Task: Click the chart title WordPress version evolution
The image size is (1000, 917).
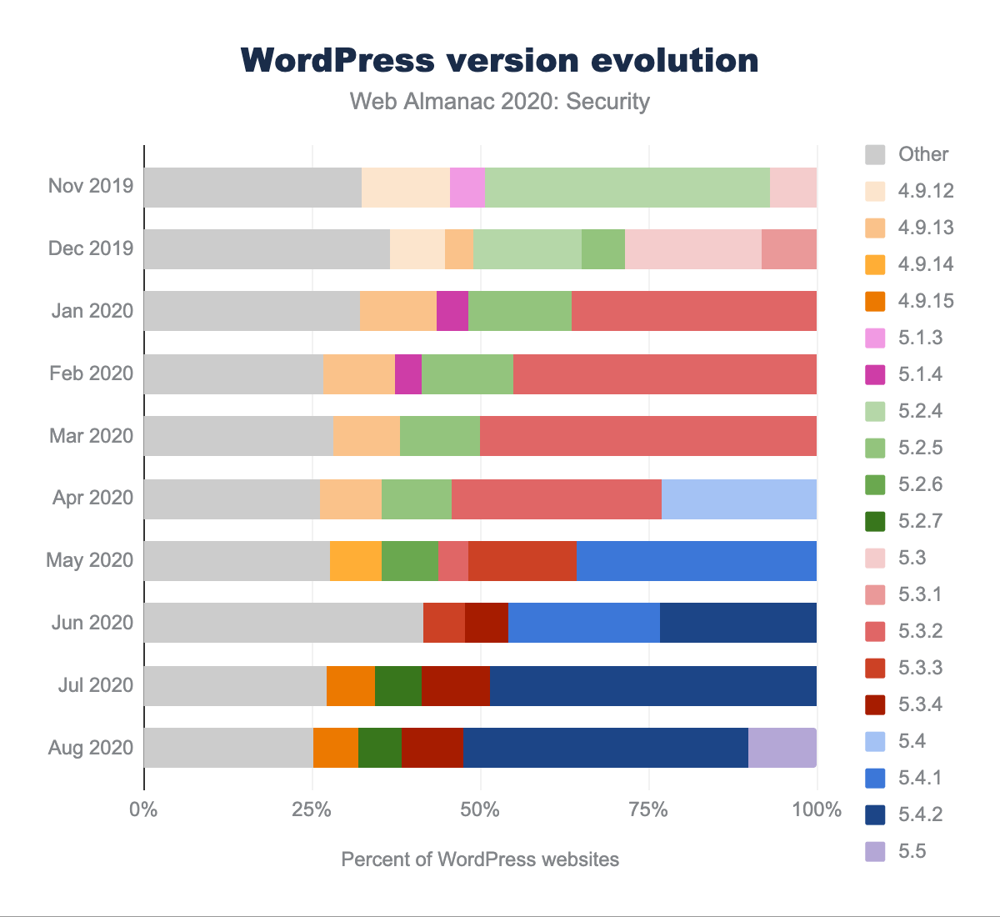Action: coord(499,61)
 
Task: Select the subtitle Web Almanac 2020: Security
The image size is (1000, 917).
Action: coord(499,102)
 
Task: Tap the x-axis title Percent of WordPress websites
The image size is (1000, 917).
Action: coord(480,859)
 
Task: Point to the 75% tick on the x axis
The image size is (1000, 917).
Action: coord(648,809)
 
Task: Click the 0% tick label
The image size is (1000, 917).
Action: coord(144,809)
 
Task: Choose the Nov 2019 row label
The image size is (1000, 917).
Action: coord(90,185)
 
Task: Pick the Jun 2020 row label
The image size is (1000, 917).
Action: coord(91,623)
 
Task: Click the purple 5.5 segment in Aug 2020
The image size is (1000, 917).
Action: coord(782,747)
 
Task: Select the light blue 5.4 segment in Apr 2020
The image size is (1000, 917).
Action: coord(738,499)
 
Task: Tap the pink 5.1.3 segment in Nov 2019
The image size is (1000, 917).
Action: coord(467,187)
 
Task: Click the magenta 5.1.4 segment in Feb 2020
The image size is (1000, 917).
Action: coord(408,373)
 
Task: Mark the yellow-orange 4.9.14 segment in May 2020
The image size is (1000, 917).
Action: coord(355,560)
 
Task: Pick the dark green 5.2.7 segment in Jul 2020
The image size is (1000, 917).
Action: coord(397,685)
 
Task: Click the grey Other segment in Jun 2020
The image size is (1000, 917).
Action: coord(283,623)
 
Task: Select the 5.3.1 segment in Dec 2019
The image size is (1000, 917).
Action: coord(788,249)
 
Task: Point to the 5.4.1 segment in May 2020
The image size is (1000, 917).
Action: coord(696,560)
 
